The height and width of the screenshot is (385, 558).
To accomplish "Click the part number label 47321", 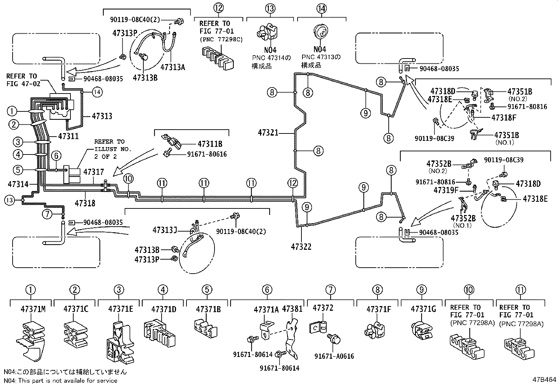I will (x=268, y=133).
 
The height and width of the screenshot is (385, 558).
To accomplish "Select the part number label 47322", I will (x=301, y=247).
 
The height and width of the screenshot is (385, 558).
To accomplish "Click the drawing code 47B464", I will (x=544, y=379).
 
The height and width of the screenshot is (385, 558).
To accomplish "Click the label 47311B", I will (x=210, y=144).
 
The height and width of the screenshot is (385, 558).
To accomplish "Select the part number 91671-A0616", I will (x=334, y=356).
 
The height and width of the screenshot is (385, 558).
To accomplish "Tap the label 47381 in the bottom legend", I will (x=292, y=309).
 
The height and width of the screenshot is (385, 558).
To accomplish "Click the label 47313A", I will (x=172, y=67).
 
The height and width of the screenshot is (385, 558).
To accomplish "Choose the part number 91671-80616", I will (x=207, y=154).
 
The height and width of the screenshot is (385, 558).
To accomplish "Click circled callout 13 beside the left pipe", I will (x=9, y=200).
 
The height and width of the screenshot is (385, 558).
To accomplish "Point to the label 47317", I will (x=94, y=172).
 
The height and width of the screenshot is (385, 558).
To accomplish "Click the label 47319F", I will (x=446, y=190).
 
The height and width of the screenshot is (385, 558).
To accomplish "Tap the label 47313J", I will (x=164, y=230).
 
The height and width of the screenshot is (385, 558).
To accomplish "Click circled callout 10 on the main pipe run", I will (x=129, y=179).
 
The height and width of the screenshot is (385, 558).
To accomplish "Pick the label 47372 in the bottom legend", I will (x=323, y=308).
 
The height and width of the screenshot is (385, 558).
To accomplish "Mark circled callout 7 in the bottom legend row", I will (x=330, y=290).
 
